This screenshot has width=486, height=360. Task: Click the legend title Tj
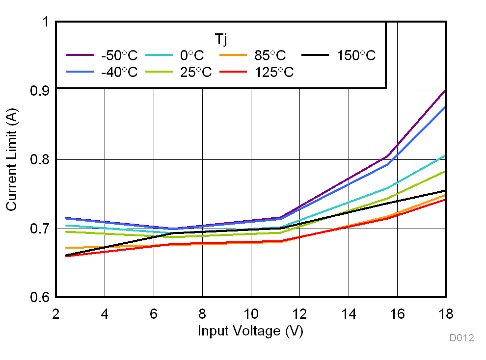[221, 38]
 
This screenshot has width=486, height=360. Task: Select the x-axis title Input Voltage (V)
[250, 331]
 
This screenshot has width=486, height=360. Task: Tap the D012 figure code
[461, 338]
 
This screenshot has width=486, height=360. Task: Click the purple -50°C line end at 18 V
[445, 91]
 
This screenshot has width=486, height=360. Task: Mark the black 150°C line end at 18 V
[445, 191]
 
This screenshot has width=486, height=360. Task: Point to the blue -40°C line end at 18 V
[445, 107]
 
